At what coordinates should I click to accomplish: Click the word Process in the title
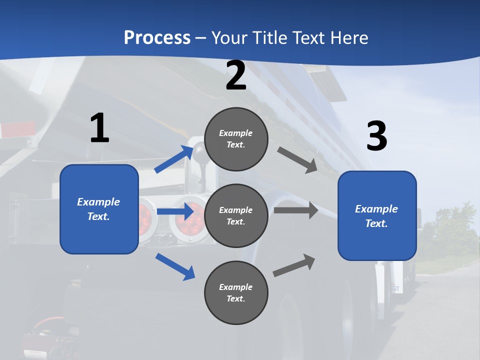[x=157, y=37]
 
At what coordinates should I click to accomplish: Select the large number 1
[x=99, y=128]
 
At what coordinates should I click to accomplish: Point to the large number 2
[x=236, y=75]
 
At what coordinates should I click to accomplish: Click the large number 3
[x=376, y=136]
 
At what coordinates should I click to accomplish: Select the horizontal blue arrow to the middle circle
[x=175, y=211]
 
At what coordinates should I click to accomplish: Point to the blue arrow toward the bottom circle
[x=175, y=266]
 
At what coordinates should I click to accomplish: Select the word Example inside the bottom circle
[x=236, y=287]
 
